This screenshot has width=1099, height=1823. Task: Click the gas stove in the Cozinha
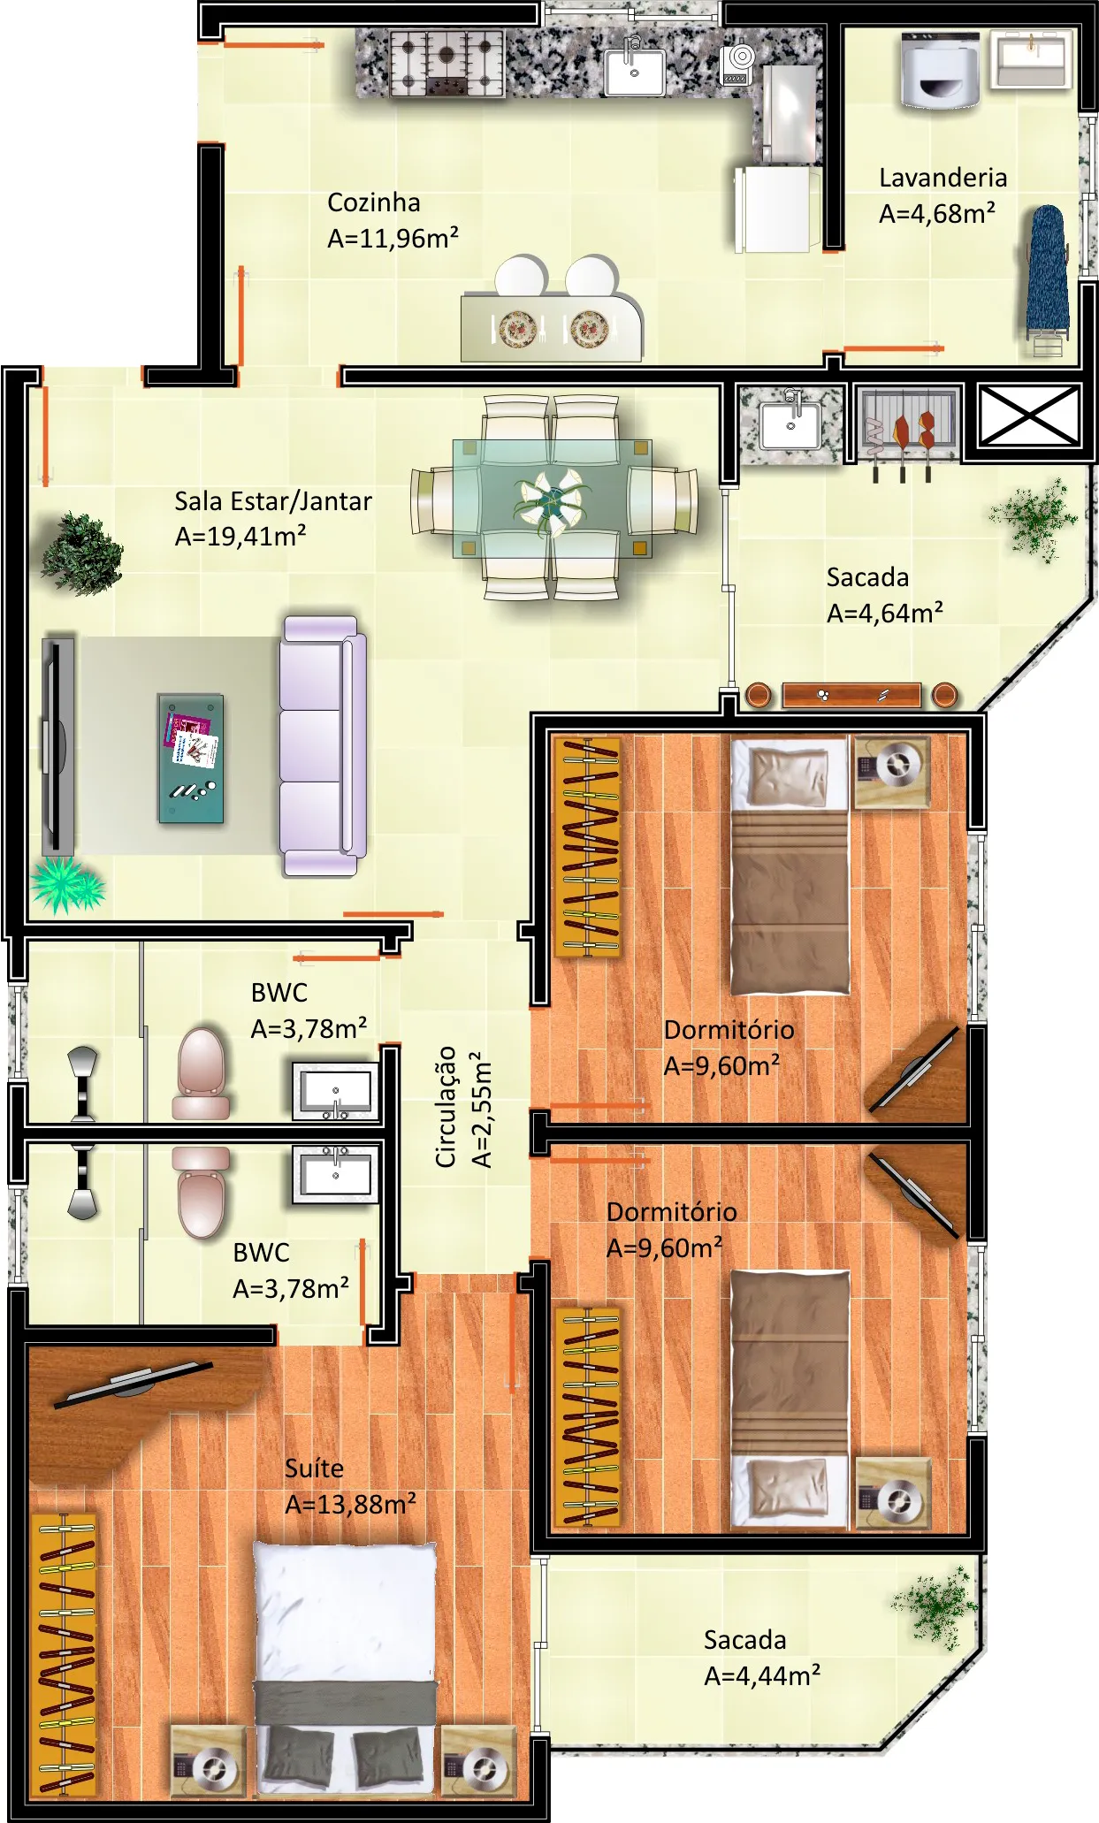446,63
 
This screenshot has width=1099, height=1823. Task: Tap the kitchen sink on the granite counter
634,72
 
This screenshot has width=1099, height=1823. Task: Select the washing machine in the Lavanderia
941,71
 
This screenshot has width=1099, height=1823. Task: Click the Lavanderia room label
943,178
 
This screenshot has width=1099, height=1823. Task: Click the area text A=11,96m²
393,238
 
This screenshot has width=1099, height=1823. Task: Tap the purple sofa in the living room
324,745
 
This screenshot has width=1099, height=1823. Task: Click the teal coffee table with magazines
191,759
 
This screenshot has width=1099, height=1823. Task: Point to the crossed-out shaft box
1030,416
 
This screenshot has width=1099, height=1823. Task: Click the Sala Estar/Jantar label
273,501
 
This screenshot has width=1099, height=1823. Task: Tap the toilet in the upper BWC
202,1072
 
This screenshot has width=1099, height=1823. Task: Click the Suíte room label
314,1468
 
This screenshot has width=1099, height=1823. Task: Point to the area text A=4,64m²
885,613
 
